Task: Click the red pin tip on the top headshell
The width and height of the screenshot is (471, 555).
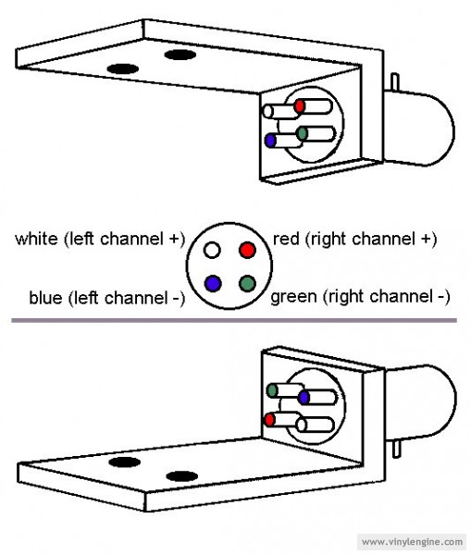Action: coord(300,105)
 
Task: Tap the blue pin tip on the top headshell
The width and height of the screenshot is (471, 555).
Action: coord(270,141)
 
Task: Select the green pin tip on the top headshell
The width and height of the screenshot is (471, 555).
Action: coord(302,133)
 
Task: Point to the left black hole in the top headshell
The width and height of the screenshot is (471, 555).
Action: coord(122,68)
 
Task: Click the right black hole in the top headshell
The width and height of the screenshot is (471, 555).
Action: coord(180,55)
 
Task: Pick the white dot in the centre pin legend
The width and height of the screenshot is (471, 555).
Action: coord(212,250)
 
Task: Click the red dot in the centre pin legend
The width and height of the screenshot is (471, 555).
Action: coord(247,250)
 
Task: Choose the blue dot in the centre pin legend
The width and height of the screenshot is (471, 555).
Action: coord(213,284)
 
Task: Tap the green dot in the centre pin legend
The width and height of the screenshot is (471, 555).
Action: coord(247,284)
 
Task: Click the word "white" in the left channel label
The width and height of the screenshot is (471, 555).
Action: coord(36,239)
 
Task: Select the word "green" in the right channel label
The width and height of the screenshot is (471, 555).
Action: coord(293,297)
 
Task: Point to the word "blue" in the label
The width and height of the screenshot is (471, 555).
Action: coord(46,297)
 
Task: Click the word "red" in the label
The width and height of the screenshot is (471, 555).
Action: coord(286,239)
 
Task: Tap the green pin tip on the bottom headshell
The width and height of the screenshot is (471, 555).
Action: coord(272,390)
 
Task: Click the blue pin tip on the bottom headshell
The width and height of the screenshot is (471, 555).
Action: coord(304,398)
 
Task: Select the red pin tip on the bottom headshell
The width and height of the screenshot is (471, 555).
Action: coord(270,420)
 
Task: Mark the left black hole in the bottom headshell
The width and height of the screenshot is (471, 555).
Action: coord(124,462)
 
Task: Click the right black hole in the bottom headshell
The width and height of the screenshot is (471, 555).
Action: coord(181,476)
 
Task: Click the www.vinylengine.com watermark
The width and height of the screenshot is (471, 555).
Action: coord(413,542)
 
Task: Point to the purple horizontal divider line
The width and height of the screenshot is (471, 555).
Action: coord(234,321)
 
